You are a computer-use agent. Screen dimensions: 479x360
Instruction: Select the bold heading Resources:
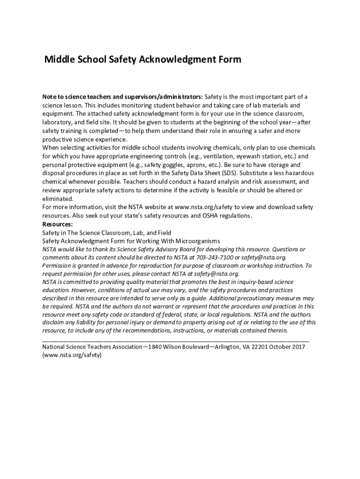coord(58,224)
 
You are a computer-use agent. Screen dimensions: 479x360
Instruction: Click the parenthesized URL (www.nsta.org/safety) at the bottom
coord(72,355)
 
